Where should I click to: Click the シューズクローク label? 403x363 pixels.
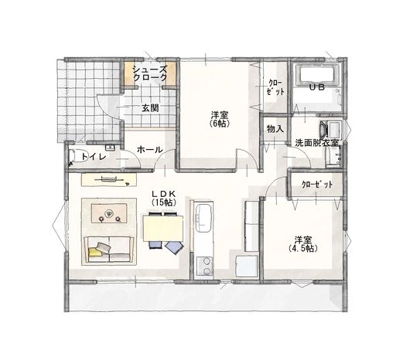coord(150,73)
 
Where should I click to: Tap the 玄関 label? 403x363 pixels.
coord(150,108)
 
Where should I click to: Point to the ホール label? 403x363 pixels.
coord(150,150)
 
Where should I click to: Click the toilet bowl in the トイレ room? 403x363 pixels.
coord(77,156)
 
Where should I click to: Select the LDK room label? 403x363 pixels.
coord(163,193)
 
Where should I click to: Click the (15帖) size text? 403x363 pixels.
coord(164,202)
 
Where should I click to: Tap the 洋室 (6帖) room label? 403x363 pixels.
coord(220,119)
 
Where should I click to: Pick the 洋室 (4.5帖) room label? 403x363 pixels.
coord(303,244)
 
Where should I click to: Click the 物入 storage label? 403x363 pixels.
coord(275,129)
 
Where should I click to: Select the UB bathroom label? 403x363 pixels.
coord(317,87)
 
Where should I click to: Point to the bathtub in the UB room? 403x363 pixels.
coord(317,75)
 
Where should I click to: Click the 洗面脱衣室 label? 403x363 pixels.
coord(317,143)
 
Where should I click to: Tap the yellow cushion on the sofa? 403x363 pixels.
coord(94,251)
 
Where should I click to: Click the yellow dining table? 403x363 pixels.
coord(163,229)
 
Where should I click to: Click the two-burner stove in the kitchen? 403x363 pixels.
coord(205,266)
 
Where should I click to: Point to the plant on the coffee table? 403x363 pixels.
coord(109,213)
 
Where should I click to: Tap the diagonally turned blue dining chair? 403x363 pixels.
coord(174,248)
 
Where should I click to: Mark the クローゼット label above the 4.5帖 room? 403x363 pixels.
coord(317,185)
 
